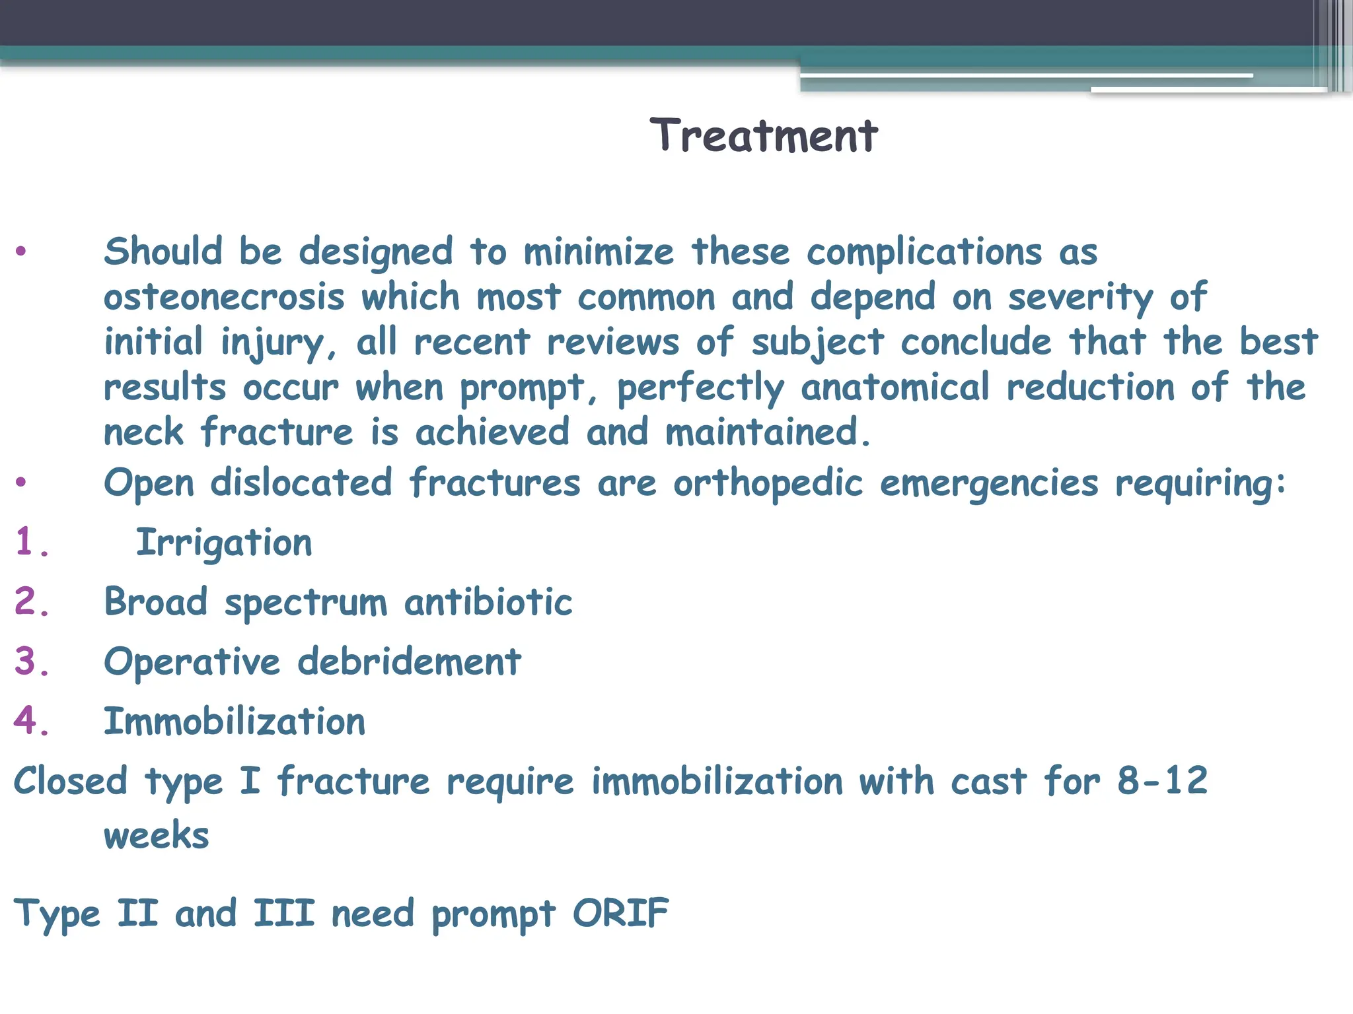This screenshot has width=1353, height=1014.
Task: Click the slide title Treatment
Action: point(764,136)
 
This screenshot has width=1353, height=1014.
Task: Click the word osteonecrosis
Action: point(224,297)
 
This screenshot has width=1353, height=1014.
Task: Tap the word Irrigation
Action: point(224,543)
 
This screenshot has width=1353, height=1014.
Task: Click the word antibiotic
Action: point(488,602)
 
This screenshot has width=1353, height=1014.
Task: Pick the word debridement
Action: point(409,661)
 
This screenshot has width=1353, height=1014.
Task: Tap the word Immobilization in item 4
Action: point(235,721)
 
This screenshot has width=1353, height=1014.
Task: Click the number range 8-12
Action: point(1162,780)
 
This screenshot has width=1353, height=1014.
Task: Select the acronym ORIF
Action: point(620,914)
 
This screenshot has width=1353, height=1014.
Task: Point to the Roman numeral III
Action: point(284,914)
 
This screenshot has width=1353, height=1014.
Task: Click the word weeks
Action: point(157,835)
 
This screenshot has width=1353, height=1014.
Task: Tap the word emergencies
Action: point(989,483)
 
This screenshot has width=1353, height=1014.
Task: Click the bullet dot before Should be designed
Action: point(21,252)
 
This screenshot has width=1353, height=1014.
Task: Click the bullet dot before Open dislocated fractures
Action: point(21,483)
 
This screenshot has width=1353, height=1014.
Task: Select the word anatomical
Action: point(895,387)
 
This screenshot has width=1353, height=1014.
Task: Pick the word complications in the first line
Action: point(924,252)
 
